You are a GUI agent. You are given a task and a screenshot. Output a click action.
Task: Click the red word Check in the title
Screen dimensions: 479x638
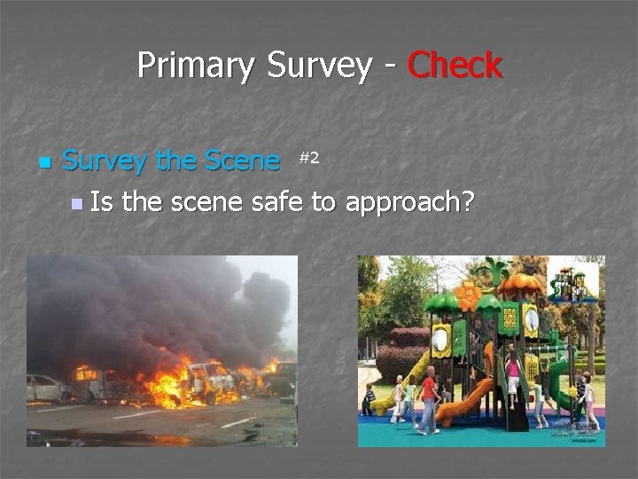point(455,66)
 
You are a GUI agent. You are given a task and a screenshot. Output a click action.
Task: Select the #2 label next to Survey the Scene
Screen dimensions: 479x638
point(308,158)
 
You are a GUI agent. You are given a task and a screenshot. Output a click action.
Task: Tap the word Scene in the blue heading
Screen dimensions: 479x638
point(242,161)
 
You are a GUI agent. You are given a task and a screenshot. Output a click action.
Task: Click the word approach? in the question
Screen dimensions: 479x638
point(409,203)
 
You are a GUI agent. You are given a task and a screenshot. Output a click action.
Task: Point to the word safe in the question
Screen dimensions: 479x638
point(277,203)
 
